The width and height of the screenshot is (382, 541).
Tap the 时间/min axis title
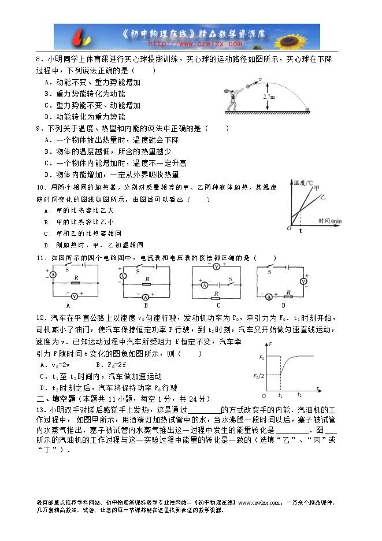[329, 221]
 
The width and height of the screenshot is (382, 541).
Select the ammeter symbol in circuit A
[53, 276]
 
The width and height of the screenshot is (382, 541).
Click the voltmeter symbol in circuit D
[302, 281]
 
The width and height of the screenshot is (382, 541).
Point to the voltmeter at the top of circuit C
[217, 267]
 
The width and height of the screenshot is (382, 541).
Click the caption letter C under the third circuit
[218, 305]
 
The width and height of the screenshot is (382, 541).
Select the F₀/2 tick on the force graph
[258, 376]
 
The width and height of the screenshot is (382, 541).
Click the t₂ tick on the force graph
[299, 395]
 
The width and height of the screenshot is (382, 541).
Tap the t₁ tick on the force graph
[280, 395]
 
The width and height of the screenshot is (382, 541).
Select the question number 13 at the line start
[40, 410]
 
